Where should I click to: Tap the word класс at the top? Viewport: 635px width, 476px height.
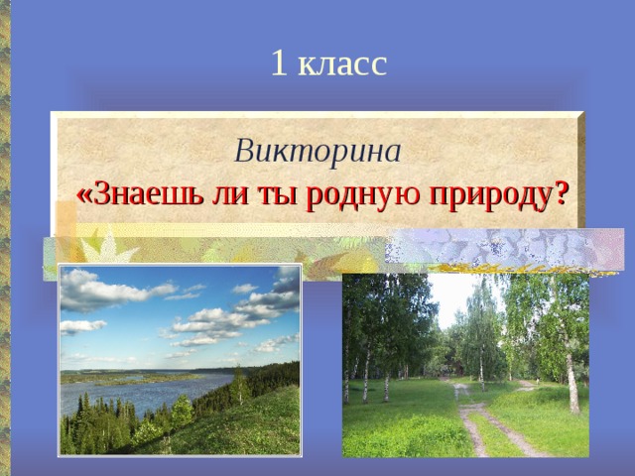click(x=341, y=64)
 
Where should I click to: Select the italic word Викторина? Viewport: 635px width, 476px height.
click(x=317, y=151)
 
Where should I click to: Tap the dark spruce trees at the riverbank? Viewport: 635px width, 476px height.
click(x=99, y=421)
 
